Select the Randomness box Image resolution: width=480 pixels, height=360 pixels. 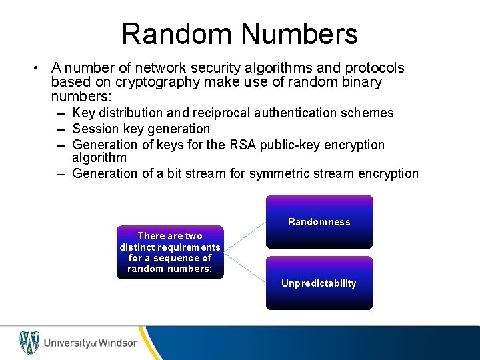click(319, 221)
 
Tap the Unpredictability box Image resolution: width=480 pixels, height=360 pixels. click(319, 283)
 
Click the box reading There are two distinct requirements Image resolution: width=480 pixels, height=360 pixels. click(170, 252)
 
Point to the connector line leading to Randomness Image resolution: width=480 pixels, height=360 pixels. click(245, 237)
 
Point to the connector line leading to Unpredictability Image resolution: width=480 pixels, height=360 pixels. click(245, 268)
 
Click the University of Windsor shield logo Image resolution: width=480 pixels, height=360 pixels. click(29, 343)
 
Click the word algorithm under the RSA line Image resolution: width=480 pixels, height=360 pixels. click(99, 158)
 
